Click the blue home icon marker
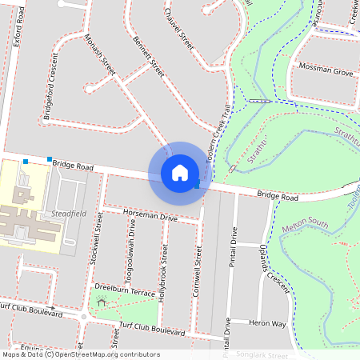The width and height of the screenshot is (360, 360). point(180,172)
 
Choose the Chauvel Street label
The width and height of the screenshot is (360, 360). point(178,28)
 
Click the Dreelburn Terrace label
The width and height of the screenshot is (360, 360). point(124,289)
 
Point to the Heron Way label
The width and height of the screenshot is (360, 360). point(267,323)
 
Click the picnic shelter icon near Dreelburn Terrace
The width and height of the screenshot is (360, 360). point(101,302)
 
